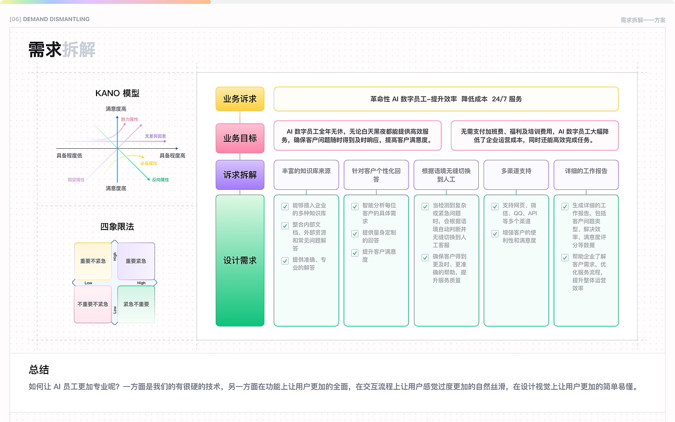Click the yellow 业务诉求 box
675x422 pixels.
pyautogui.click(x=240, y=99)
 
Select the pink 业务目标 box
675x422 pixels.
pyautogui.click(x=240, y=138)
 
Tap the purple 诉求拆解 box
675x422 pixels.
pyautogui.click(x=240, y=175)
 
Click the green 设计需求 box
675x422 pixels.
pyautogui.click(x=240, y=261)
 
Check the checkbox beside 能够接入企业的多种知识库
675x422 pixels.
pyautogui.click(x=285, y=206)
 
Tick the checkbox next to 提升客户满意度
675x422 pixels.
pyautogui.click(x=355, y=253)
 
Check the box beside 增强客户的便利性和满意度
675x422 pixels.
pyautogui.click(x=495, y=234)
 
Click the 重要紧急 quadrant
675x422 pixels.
pyautogui.click(x=136, y=261)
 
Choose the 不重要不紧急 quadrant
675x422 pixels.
pyautogui.click(x=93, y=304)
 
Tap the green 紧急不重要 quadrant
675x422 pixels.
pyautogui.click(x=136, y=304)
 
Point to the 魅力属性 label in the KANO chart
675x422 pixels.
pyautogui.click(x=129, y=120)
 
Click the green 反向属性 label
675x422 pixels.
pyautogui.click(x=160, y=180)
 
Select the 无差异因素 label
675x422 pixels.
pyautogui.click(x=155, y=136)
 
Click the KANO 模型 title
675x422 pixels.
pyautogui.click(x=117, y=93)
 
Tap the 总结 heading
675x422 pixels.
pyautogui.click(x=39, y=370)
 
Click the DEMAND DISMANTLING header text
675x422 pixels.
pyautogui.click(x=56, y=20)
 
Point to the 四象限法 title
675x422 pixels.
pyautogui.click(x=117, y=227)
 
